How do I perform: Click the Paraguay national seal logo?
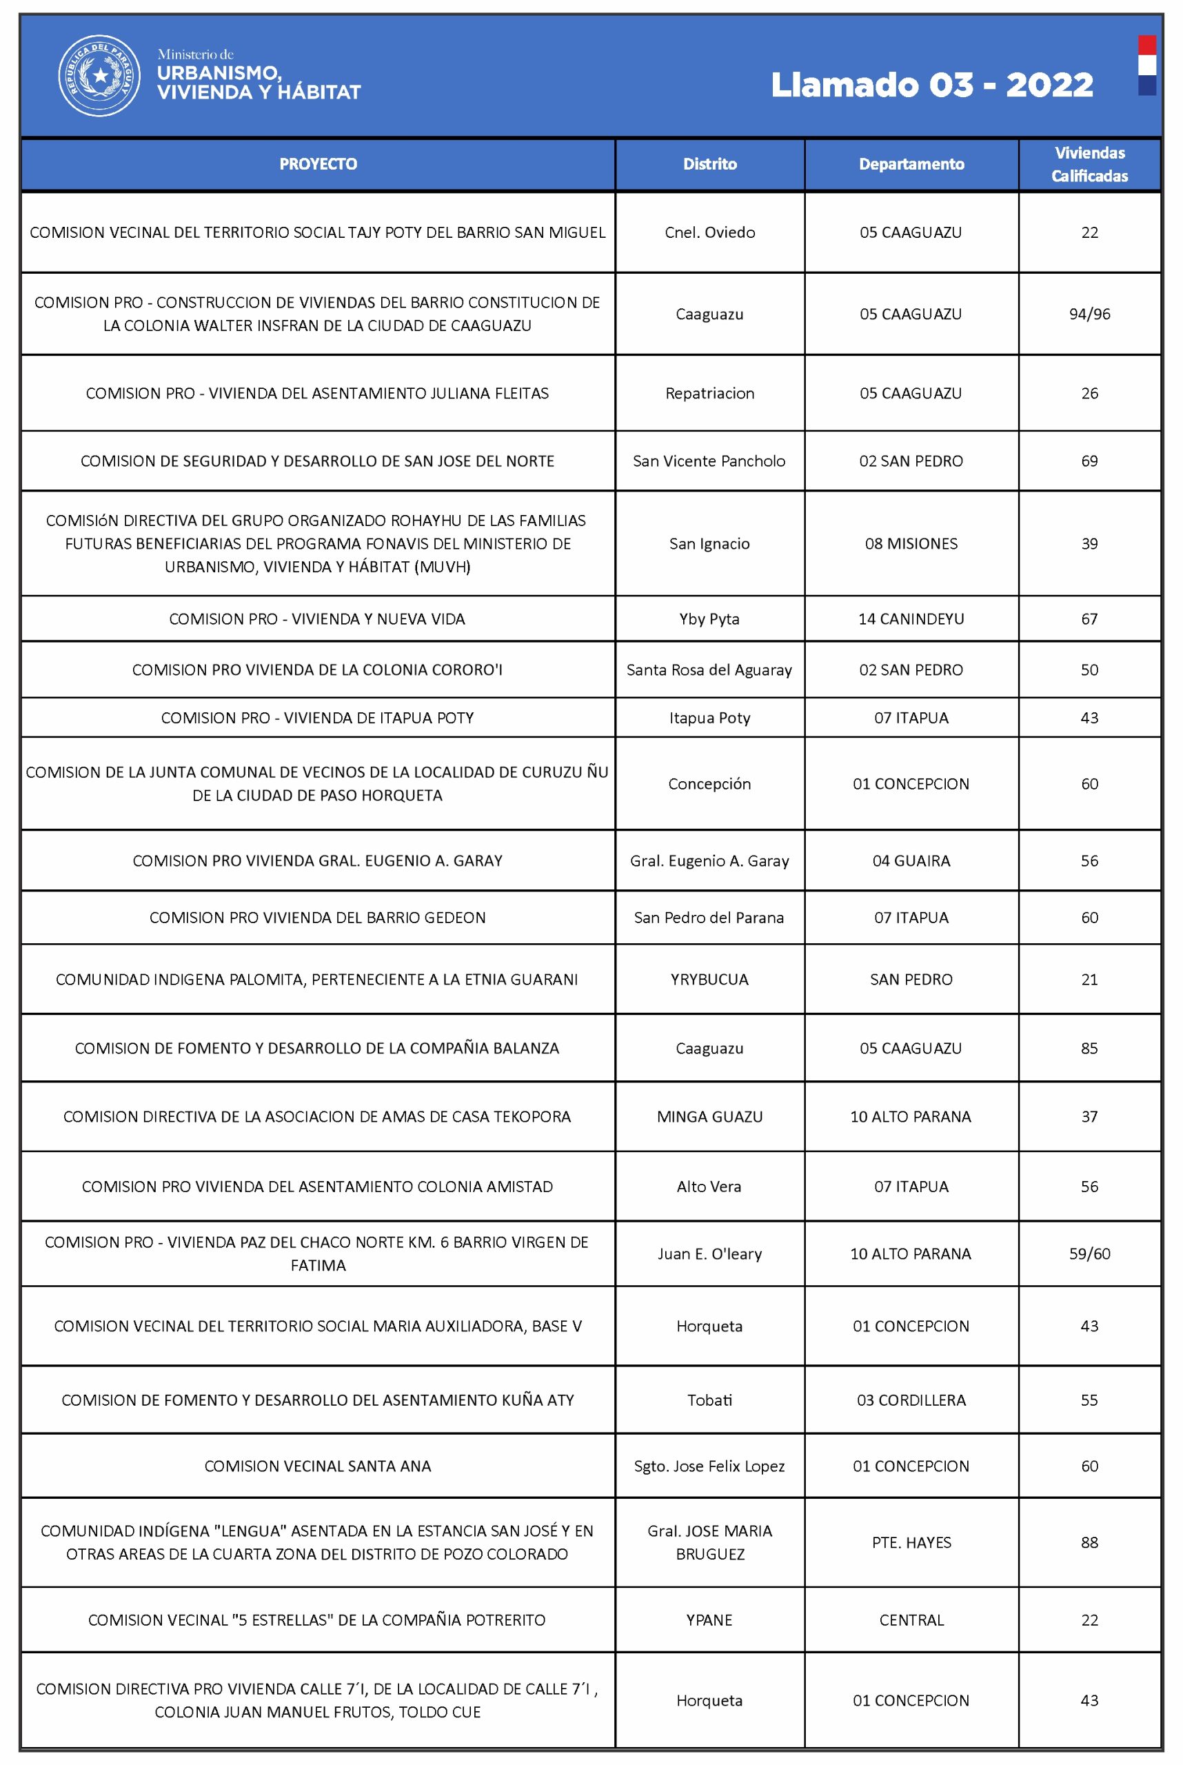pos(99,75)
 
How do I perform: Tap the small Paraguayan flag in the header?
pos(1146,65)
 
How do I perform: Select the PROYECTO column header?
pos(318,164)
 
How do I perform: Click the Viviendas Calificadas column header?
pos(1089,164)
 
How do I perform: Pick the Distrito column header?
pos(709,164)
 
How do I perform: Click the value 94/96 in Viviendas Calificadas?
pos(1089,314)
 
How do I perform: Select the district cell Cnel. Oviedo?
pos(709,232)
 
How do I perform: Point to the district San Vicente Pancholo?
pos(709,461)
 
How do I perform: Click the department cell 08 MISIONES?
pos(911,543)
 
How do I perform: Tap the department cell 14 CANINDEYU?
pos(911,618)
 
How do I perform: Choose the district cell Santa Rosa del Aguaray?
pos(709,670)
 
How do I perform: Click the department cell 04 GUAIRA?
pos(911,861)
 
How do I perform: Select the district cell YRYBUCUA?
pos(709,980)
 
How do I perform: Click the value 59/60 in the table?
pos(1089,1253)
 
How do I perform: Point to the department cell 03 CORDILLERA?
pos(911,1400)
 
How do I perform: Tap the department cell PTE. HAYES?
pos(911,1542)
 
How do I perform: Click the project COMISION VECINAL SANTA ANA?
pos(318,1466)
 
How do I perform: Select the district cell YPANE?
pos(709,1620)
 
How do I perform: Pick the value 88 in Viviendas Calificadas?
pos(1089,1542)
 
